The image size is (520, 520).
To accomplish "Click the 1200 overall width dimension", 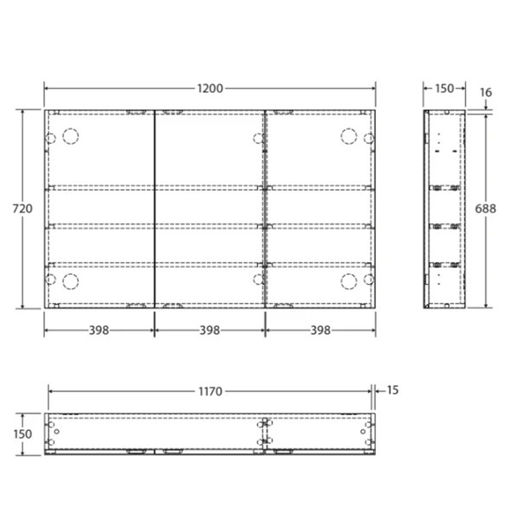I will click(x=211, y=88).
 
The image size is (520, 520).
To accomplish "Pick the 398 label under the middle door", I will click(x=209, y=331).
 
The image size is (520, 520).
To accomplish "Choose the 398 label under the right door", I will click(x=320, y=331).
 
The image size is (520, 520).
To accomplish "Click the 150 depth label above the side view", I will click(x=443, y=88).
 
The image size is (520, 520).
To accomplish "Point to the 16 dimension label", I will click(x=487, y=92).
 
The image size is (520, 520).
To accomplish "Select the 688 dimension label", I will click(x=486, y=209).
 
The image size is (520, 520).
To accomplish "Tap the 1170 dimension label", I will click(x=210, y=391).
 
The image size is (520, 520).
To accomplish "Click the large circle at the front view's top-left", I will click(x=71, y=136).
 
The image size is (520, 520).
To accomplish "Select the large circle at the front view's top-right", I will click(x=348, y=136).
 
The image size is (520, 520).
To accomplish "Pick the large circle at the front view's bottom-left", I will click(x=71, y=280).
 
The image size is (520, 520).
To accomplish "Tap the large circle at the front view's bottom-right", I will click(x=348, y=280).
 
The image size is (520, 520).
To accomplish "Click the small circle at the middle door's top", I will click(x=258, y=137).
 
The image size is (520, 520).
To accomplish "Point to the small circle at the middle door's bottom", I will click(x=258, y=279).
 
